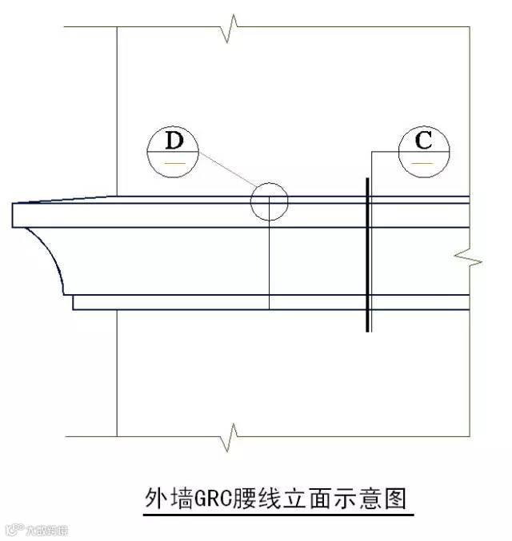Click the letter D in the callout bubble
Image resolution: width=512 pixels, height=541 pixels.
[174, 141]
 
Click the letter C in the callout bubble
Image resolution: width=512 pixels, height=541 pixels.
[423, 141]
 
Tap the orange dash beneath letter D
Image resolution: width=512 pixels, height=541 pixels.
[175, 163]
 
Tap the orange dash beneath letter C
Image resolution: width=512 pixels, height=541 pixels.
[423, 163]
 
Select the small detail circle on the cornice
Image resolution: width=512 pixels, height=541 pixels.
[269, 201]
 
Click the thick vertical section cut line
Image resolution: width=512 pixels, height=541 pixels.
[367, 256]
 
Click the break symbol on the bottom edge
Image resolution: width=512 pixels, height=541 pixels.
[231, 436]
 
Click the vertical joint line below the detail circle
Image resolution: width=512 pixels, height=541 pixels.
[269, 264]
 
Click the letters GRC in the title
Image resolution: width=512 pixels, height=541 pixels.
[213, 499]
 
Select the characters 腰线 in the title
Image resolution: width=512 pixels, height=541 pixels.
[260, 499]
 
